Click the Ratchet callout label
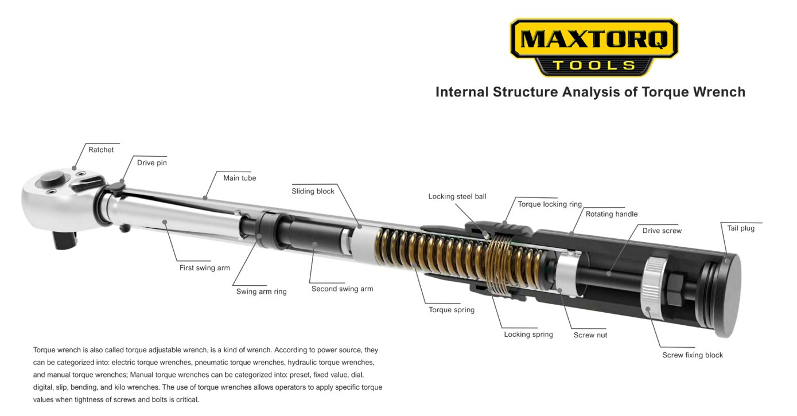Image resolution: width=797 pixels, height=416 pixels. tap(101, 150)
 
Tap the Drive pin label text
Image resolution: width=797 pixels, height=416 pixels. tap(152, 163)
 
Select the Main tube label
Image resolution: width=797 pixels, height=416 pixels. tap(240, 178)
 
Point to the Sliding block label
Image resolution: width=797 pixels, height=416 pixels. tap(313, 192)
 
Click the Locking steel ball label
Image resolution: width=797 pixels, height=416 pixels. tap(457, 197)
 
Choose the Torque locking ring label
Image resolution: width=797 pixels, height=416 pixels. tap(550, 204)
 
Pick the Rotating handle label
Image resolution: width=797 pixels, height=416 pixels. tap(611, 215)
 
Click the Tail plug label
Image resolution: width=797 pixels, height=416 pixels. tap(740, 228)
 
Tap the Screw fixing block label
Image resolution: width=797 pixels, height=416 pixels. tap(693, 355)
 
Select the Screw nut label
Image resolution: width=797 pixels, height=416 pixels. tap(590, 335)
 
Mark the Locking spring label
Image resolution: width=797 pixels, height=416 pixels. tap(528, 335)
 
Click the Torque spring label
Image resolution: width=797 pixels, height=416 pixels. tap(452, 310)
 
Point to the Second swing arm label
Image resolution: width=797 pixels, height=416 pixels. tap(342, 289)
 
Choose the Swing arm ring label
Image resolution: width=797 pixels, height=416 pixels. tap(261, 291)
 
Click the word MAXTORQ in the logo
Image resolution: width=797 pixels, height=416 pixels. tap(594, 40)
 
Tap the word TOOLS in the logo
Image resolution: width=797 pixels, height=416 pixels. tap(594, 65)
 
